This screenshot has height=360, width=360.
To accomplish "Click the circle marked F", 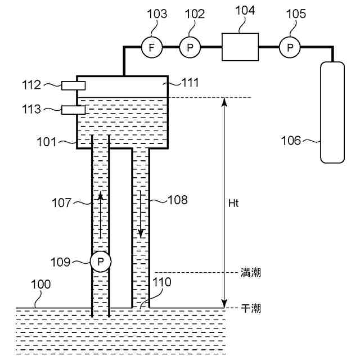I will coord(151,48).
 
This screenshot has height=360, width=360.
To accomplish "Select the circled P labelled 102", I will coord(190,48).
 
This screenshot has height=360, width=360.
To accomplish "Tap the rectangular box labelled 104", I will coord(240,47).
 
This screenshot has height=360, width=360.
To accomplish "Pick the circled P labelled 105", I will coord(290,48).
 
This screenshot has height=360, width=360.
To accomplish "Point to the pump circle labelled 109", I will coord(101,261).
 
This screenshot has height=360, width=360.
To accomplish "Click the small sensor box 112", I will coord(73,85).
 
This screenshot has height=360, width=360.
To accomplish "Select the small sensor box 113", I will coord(73,110).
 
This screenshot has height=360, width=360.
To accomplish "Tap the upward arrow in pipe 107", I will coord(101,214).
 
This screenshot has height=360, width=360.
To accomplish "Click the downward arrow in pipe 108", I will coord(141,214).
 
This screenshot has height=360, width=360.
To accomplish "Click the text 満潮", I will coord(250,273).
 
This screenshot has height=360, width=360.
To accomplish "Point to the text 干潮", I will coord(250,308).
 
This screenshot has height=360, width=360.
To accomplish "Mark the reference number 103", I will coord(157,14).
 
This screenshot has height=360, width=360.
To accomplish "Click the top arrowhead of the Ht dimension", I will coord(225,101).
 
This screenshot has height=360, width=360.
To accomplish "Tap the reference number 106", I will coord(291,141).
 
